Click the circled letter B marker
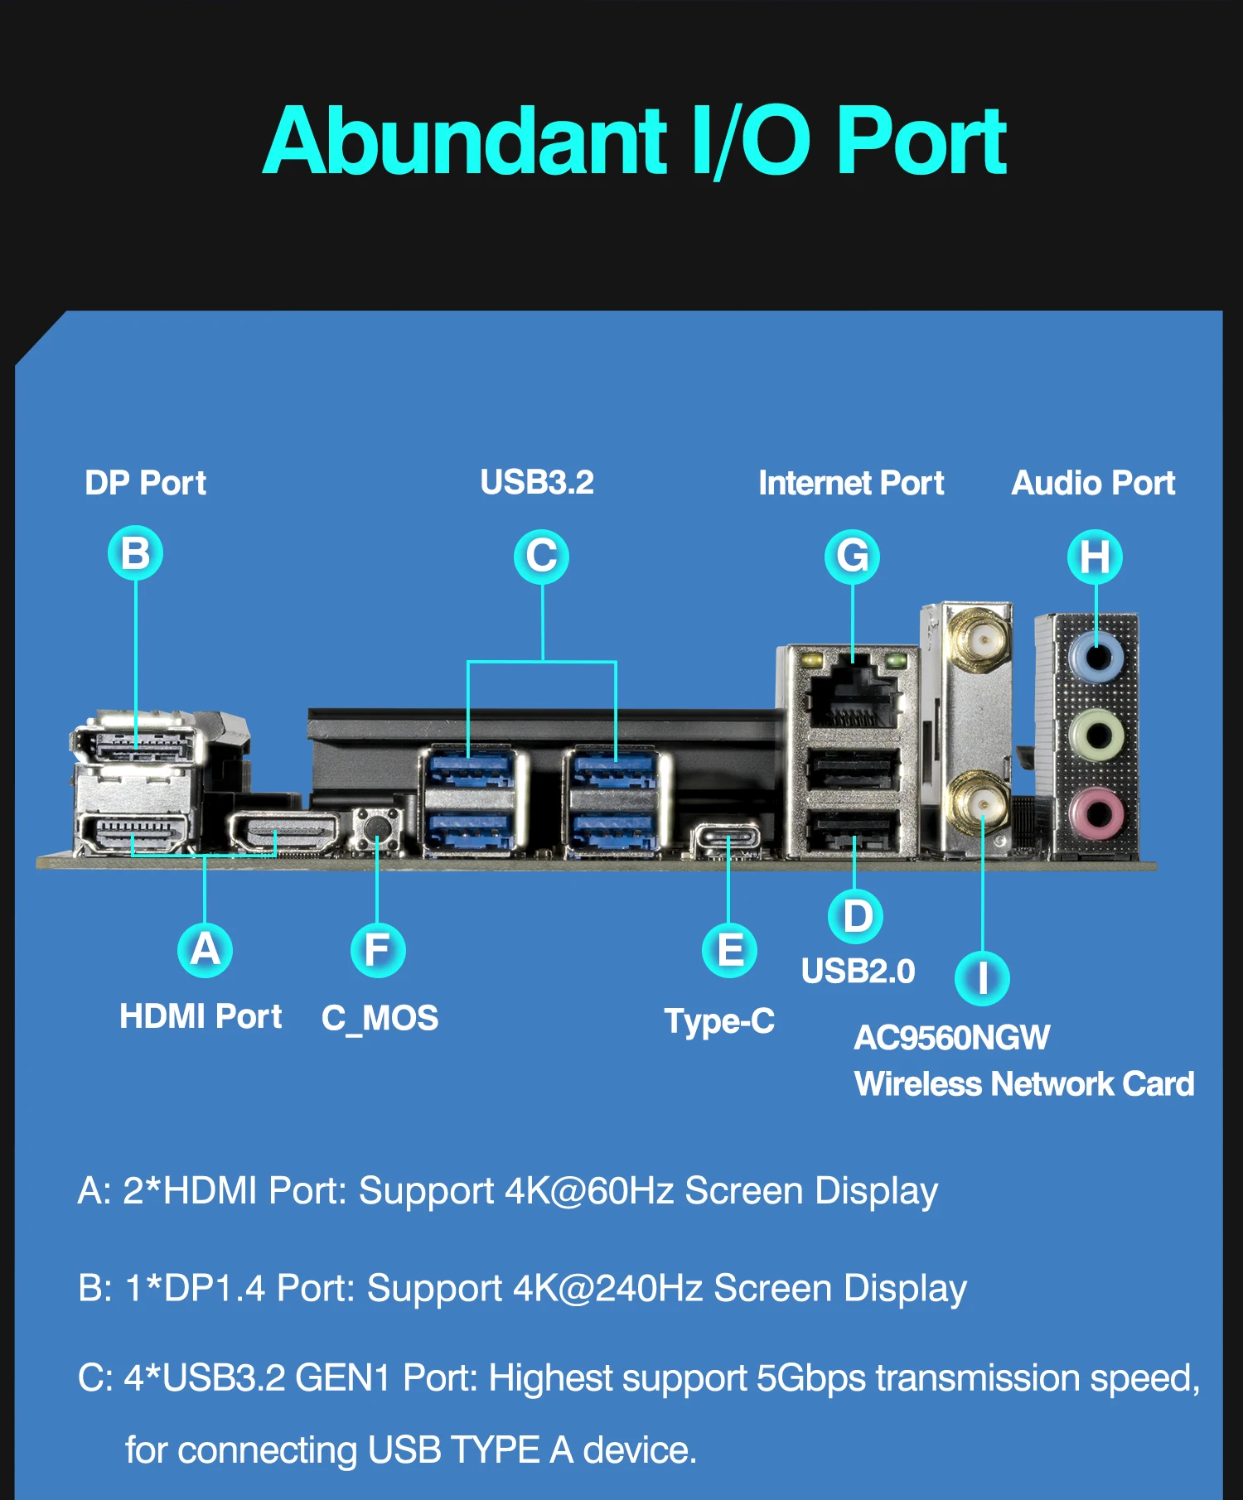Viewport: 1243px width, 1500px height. [x=136, y=553]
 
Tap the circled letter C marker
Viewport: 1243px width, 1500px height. [x=542, y=556]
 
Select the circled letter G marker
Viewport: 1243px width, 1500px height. [x=852, y=557]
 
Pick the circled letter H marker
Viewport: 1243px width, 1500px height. [x=1095, y=557]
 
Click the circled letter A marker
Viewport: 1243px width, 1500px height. [x=205, y=949]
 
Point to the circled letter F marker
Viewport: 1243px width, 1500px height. [x=378, y=949]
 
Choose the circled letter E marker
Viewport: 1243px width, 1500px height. [x=729, y=949]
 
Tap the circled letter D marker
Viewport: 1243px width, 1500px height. [x=856, y=917]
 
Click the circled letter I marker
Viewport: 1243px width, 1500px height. [x=982, y=978]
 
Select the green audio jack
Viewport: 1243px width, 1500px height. [x=1096, y=735]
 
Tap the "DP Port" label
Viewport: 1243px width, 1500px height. [x=145, y=483]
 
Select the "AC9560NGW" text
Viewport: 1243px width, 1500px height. [x=951, y=1038]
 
